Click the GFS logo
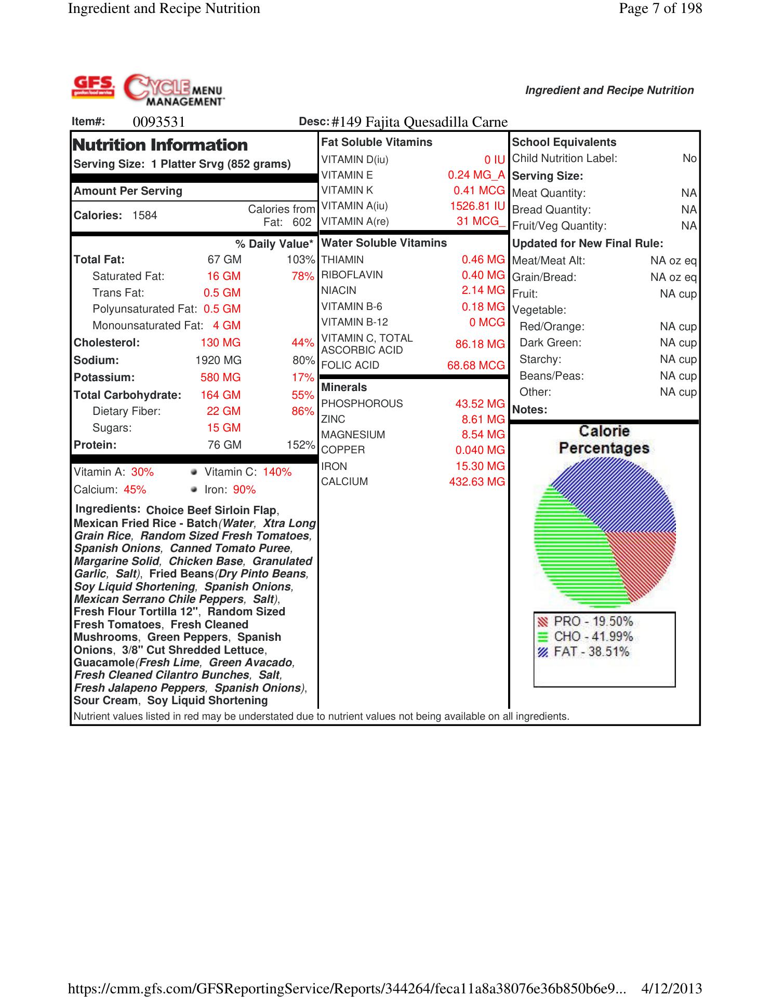click(93, 87)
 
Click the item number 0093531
click(159, 122)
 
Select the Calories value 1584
click(144, 215)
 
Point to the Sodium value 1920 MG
click(218, 360)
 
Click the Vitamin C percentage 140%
click(277, 472)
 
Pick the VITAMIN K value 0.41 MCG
click(478, 191)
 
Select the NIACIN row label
click(339, 290)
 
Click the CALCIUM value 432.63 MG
click(476, 482)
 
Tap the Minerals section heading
click(344, 387)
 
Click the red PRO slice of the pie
click(647, 561)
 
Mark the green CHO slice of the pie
click(571, 556)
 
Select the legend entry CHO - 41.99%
click(593, 637)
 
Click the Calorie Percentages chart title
click(604, 439)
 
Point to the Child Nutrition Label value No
click(689, 158)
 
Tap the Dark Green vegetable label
click(550, 343)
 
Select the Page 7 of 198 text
click(660, 8)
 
